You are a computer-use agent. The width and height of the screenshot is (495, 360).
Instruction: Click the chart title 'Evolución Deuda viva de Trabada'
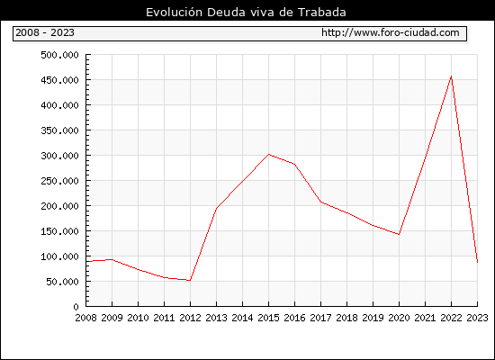click(246, 12)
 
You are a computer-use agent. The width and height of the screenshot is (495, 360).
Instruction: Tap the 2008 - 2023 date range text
click(45, 32)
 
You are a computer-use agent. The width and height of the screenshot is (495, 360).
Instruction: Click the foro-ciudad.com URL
click(391, 32)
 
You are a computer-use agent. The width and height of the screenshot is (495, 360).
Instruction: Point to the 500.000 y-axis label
click(59, 55)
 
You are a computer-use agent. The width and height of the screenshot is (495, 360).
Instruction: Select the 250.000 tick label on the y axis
click(59, 181)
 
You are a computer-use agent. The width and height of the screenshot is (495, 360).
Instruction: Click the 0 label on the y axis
click(76, 307)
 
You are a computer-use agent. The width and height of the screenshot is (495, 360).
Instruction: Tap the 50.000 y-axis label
click(62, 282)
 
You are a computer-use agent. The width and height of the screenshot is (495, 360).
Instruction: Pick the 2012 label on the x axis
click(190, 318)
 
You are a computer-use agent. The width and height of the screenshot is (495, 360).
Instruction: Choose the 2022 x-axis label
click(451, 318)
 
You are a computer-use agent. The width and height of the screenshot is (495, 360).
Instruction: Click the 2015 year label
click(269, 318)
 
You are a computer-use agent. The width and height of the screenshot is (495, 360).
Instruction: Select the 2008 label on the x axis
click(85, 318)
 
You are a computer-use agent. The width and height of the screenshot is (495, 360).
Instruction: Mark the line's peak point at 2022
click(452, 76)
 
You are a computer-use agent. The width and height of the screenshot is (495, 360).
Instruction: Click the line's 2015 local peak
click(269, 154)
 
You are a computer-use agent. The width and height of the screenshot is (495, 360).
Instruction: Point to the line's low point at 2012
click(190, 281)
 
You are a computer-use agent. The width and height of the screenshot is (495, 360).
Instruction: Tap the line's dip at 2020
click(399, 234)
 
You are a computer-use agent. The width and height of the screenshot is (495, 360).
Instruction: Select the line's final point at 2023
click(477, 262)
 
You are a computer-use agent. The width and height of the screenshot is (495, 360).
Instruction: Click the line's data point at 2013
click(216, 208)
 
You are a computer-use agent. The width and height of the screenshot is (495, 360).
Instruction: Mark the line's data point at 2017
click(320, 202)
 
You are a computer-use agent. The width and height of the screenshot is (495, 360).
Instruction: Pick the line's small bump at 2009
click(112, 259)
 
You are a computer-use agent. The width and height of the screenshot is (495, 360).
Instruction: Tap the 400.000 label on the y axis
click(59, 105)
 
